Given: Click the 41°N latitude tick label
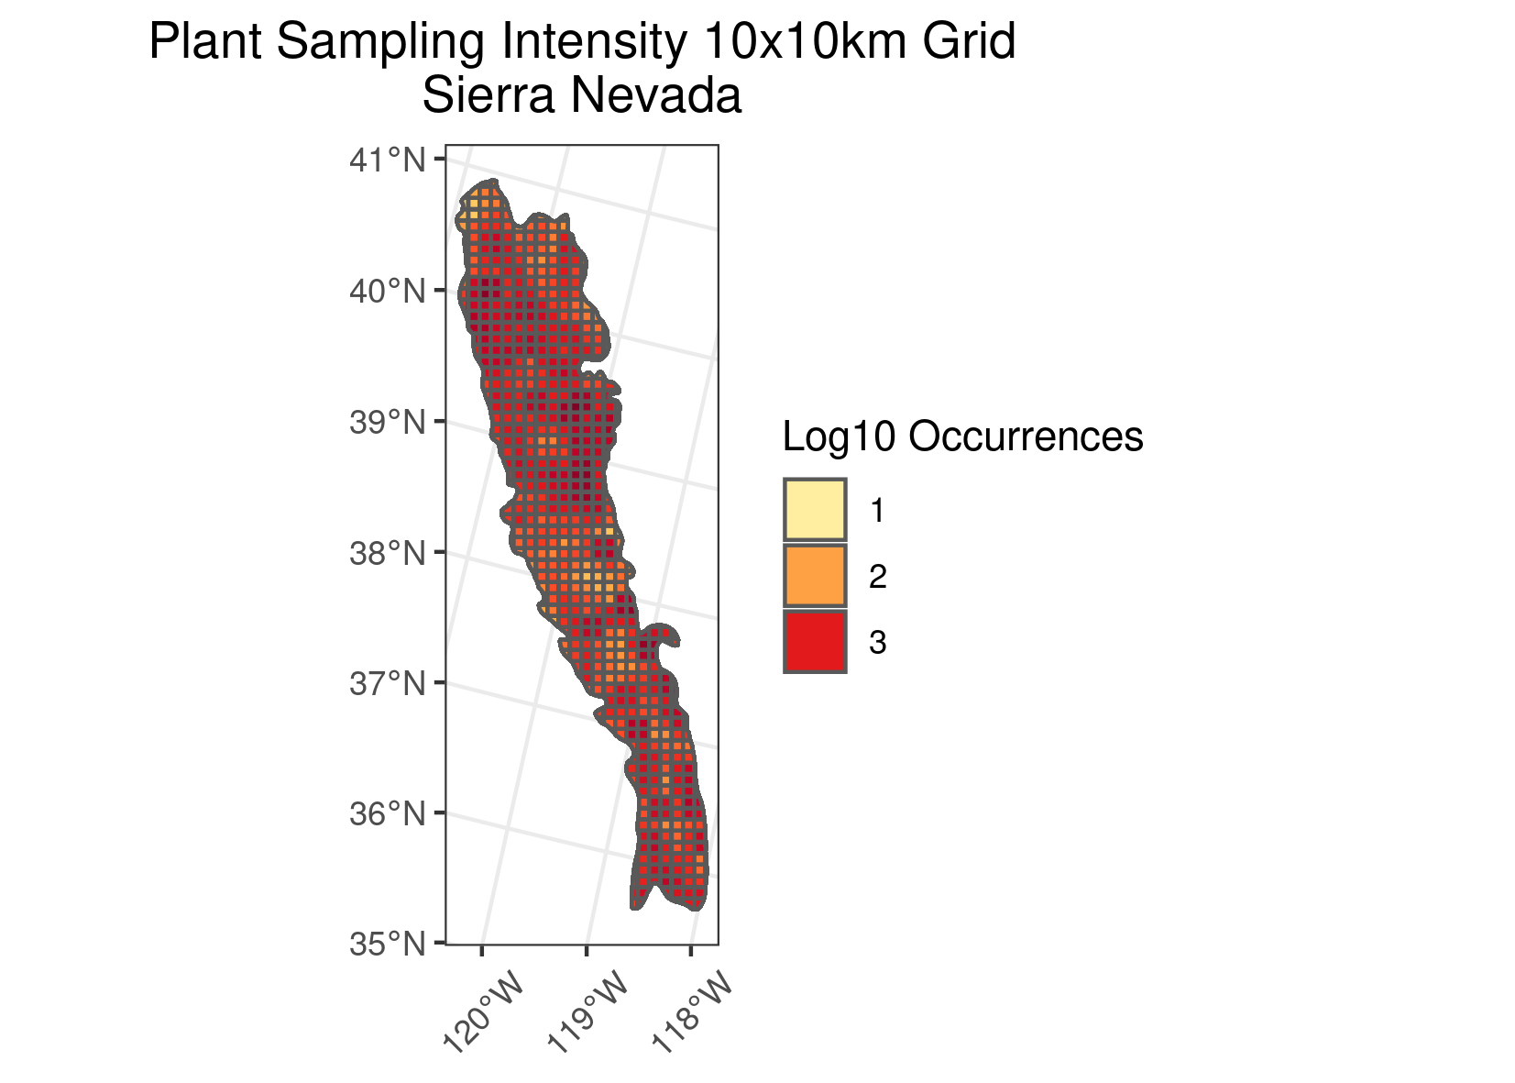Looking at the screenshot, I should tap(388, 160).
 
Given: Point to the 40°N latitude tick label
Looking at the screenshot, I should tap(388, 292).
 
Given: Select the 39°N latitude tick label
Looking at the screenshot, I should tap(388, 422).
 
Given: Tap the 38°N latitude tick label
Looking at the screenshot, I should tap(388, 553).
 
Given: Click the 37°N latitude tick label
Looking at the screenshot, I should tap(388, 683).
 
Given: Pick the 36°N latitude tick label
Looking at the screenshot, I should tap(388, 813).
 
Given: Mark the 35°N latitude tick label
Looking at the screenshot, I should tap(388, 944).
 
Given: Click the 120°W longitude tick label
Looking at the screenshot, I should tap(483, 1014).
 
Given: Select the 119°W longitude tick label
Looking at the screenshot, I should tap(587, 1014).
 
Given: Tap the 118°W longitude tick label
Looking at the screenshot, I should tap(692, 1014).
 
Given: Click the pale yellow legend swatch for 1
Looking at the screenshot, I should tap(815, 510).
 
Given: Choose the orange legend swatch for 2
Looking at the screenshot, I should tap(815, 576).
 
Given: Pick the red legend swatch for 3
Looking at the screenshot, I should tap(815, 642).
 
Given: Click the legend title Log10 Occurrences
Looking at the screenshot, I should tap(962, 437).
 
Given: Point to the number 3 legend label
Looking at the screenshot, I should tap(877, 643).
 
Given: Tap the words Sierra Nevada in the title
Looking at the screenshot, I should tap(581, 95).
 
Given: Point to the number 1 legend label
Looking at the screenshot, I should tap(877, 511).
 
